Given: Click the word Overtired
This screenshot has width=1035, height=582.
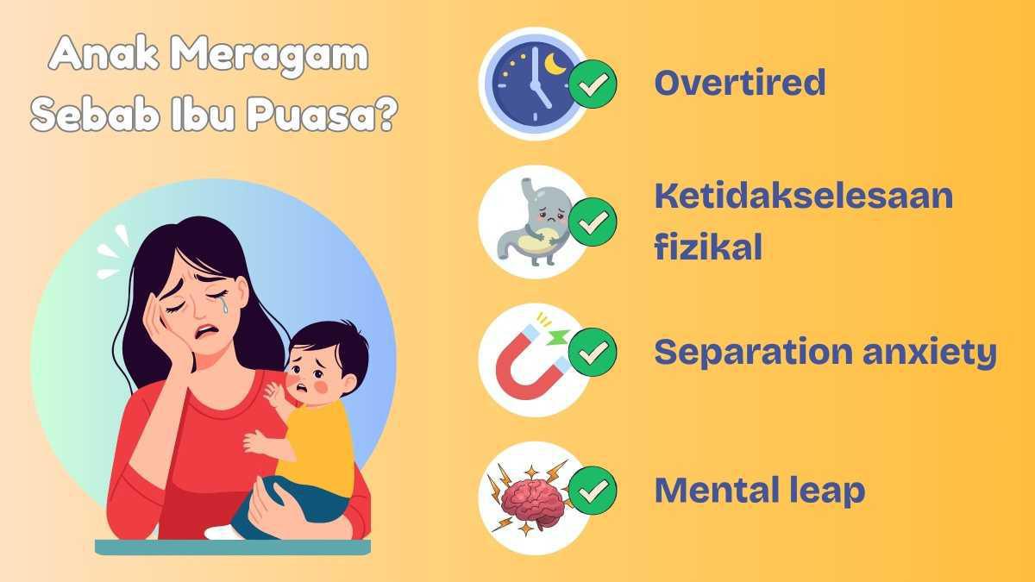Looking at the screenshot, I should pyautogui.click(x=739, y=83).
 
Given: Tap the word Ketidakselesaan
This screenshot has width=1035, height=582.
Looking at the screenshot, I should pyautogui.click(x=803, y=197).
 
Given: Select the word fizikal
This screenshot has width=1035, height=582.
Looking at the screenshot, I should pyautogui.click(x=707, y=247).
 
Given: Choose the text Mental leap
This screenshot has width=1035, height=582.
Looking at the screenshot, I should pyautogui.click(x=759, y=491).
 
